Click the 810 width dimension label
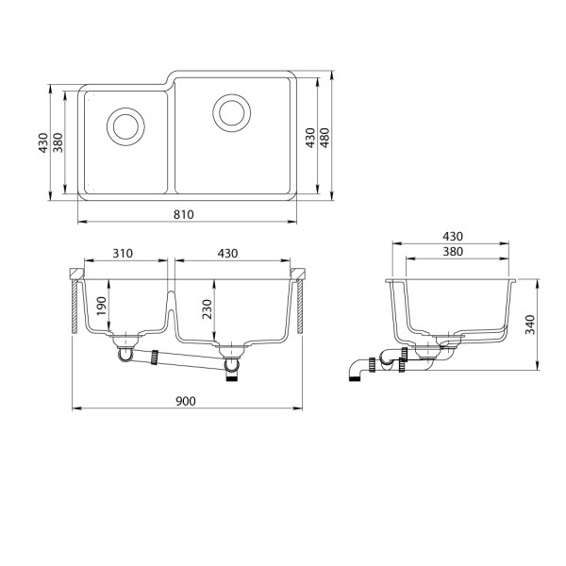(x=184, y=215)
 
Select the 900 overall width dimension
(x=186, y=401)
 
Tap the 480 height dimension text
(x=325, y=138)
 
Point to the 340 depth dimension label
(x=529, y=325)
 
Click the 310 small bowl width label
(x=123, y=254)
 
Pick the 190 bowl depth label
(x=102, y=306)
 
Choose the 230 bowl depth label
(x=208, y=309)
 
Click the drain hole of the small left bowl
(x=125, y=126)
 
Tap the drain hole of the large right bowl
(x=232, y=112)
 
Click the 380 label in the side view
(x=453, y=252)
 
